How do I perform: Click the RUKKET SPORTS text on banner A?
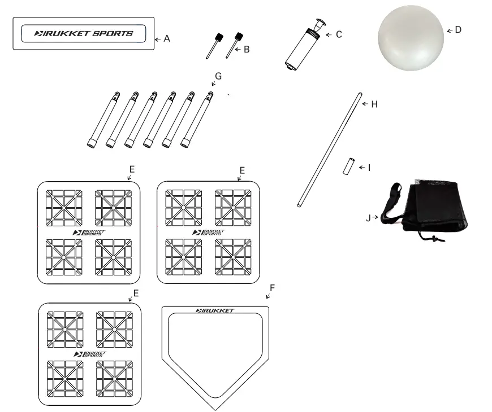[x=84, y=33]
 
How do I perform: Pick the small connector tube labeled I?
[x=349, y=168]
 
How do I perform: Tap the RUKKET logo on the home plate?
[x=214, y=310]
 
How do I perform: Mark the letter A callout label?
[x=167, y=39]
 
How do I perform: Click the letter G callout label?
[x=218, y=76]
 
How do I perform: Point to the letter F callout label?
[x=272, y=288]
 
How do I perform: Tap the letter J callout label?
[x=368, y=218]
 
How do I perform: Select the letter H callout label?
[x=374, y=104]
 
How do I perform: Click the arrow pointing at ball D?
[x=450, y=30]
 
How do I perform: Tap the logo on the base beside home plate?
[x=88, y=354]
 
